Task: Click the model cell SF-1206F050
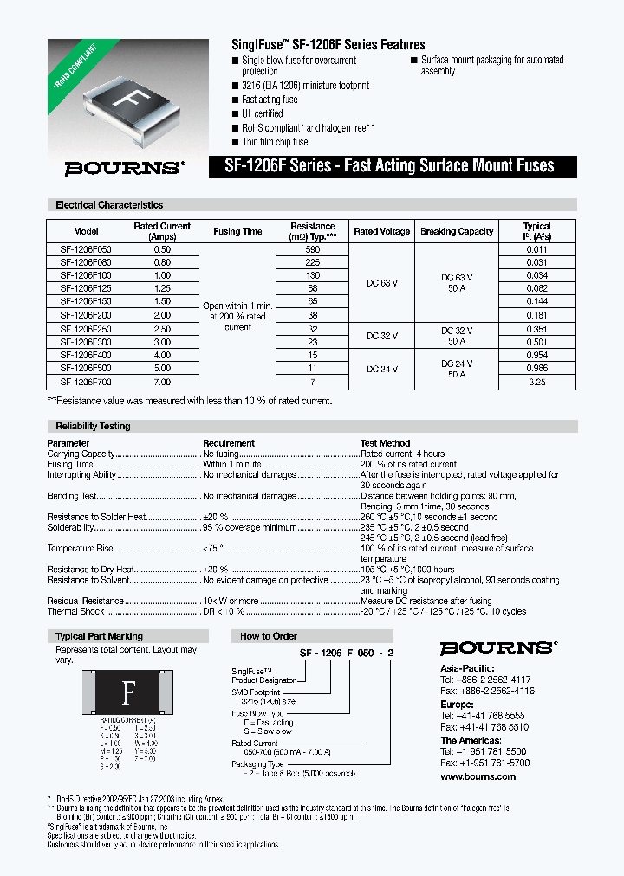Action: tap(86, 249)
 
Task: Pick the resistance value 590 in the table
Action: tap(312, 249)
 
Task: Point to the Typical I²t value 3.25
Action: tap(536, 382)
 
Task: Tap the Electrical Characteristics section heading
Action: tap(109, 205)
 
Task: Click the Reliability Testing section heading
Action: tap(93, 426)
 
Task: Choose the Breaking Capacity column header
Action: tap(456, 232)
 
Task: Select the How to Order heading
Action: tap(269, 636)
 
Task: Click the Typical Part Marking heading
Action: tap(99, 636)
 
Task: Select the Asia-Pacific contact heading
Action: tap(467, 668)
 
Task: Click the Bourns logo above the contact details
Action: tap(496, 648)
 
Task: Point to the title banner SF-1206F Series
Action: tap(394, 166)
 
